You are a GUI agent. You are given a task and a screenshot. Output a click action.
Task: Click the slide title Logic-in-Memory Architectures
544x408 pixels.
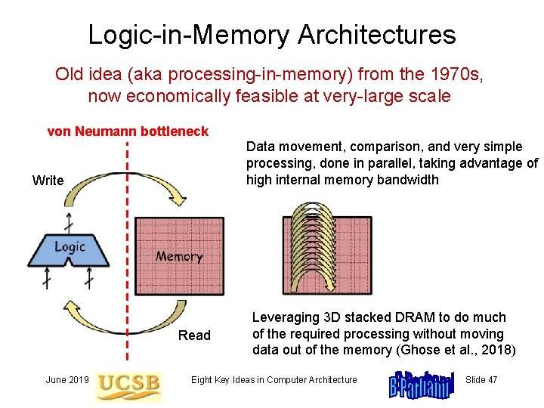click(272, 34)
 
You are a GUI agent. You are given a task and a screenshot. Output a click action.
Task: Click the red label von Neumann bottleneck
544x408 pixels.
click(128, 131)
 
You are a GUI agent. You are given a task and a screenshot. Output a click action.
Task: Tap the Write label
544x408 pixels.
click(48, 180)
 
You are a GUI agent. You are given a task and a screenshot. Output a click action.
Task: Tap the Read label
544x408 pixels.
click(194, 335)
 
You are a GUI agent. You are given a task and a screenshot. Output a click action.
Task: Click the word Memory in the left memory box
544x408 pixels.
click(179, 257)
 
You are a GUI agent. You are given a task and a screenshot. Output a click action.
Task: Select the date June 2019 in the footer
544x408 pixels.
click(67, 379)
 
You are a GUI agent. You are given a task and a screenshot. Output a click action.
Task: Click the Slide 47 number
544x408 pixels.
click(482, 379)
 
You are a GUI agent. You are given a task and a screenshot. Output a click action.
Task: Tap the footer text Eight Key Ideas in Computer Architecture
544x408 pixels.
click(274, 379)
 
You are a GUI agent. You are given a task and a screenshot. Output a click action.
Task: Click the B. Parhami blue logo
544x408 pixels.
click(421, 383)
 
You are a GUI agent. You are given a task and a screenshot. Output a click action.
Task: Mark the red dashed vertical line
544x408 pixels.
click(127, 227)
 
